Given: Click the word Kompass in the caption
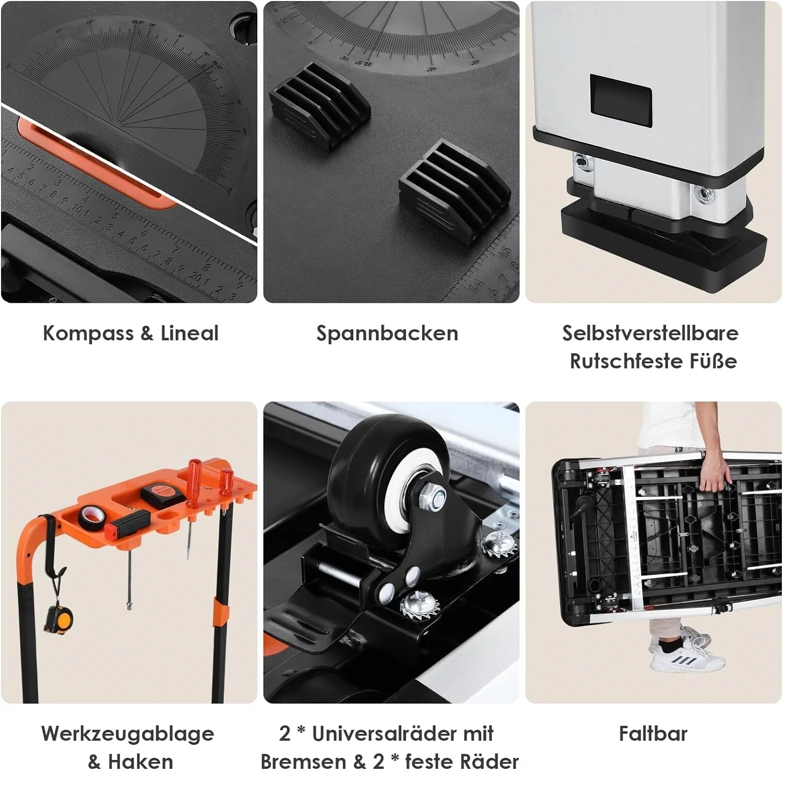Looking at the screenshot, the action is tap(88, 333).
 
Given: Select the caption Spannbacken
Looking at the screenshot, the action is tap(387, 333).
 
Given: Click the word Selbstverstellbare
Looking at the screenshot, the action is tap(650, 333).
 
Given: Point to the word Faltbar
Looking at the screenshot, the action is tap(653, 733).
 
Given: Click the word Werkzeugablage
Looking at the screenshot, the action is tap(128, 734).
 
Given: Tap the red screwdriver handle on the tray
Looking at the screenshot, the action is tap(195, 475).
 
